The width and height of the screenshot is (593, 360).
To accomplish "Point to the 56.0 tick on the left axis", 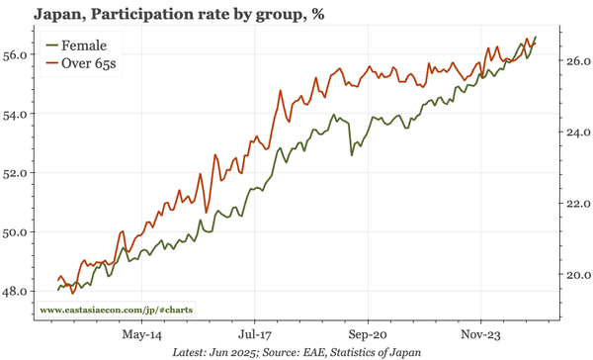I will pos(20,54).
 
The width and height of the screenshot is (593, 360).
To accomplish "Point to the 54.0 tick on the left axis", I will pos(20,114).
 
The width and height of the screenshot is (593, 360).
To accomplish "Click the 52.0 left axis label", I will pos(20,173).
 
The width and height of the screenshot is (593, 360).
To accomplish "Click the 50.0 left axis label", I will pos(20,232).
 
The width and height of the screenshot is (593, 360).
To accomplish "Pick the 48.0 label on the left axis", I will pos(20,292).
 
